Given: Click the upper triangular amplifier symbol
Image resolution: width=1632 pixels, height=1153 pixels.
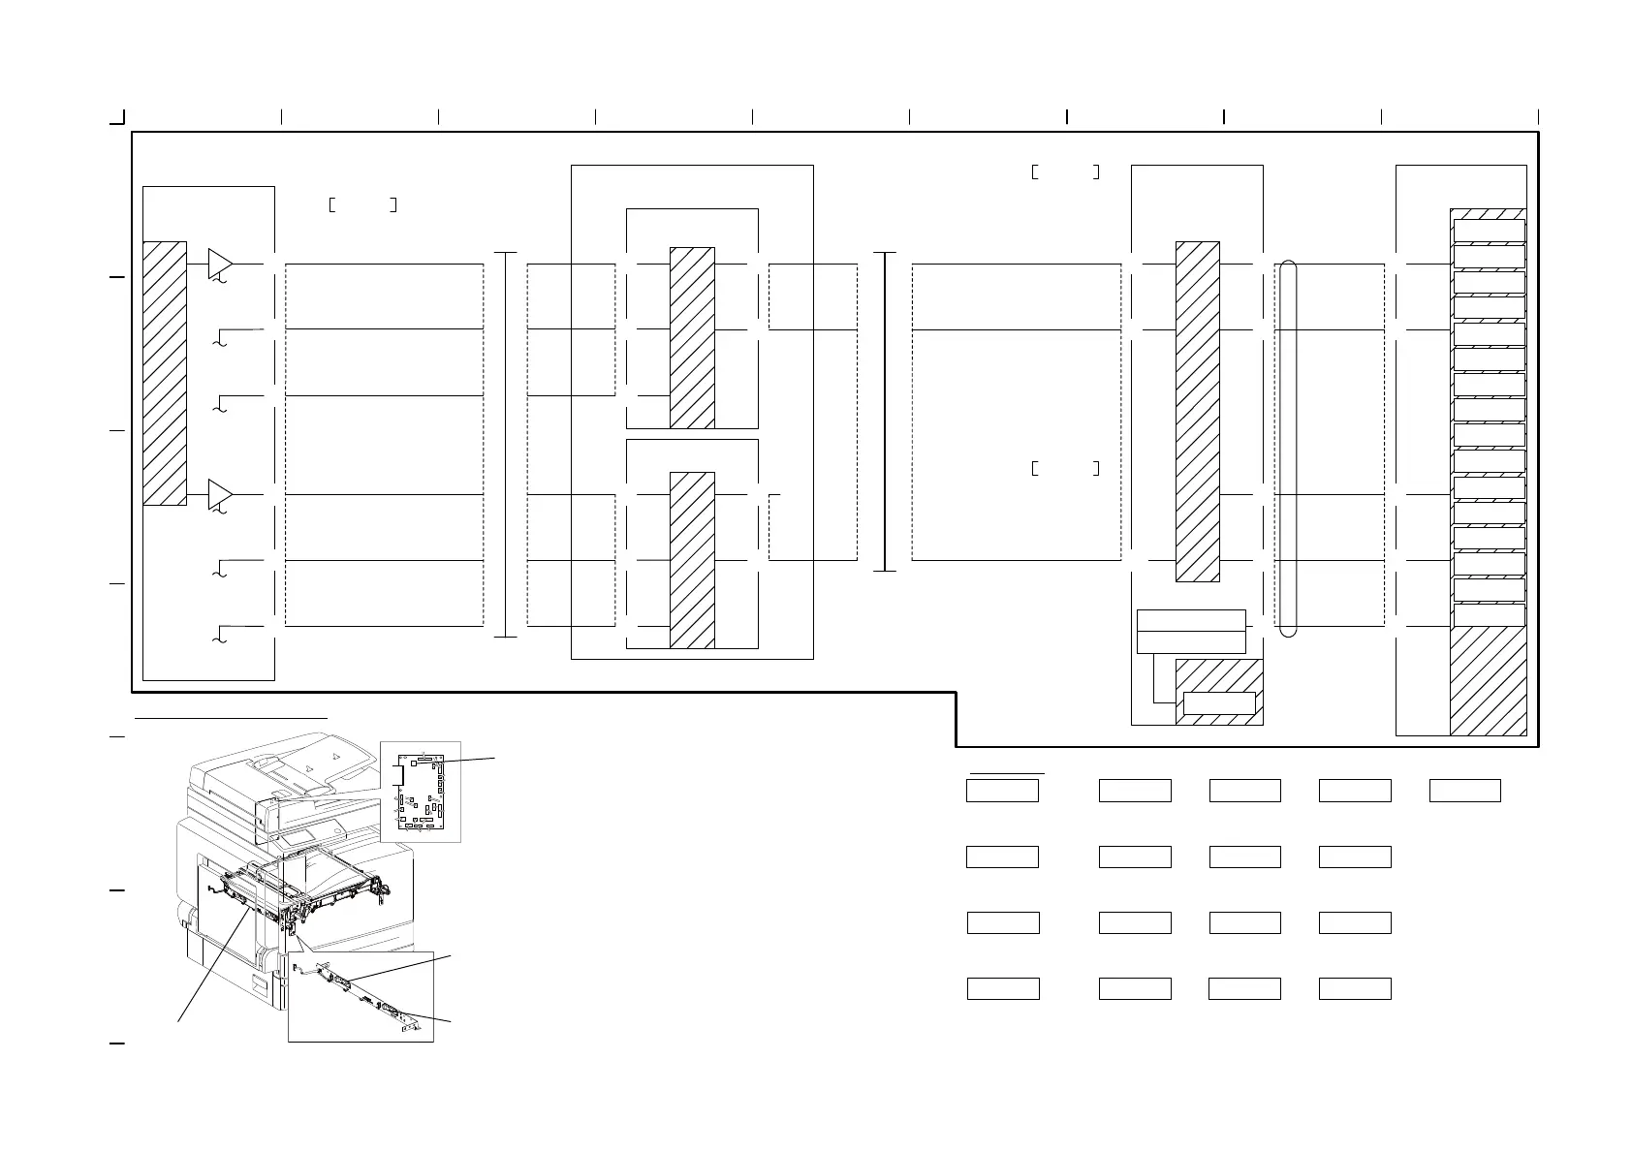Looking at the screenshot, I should (220, 263).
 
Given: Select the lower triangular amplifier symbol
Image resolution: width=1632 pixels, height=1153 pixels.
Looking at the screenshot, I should (220, 494).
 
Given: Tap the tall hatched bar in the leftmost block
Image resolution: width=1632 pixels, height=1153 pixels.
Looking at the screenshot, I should (165, 373).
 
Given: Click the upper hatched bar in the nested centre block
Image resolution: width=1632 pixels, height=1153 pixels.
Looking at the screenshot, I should (692, 337).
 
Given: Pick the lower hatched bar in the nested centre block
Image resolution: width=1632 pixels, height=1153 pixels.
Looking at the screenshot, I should (692, 560).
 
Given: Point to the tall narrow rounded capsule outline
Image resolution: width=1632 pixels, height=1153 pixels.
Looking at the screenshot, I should (1288, 449).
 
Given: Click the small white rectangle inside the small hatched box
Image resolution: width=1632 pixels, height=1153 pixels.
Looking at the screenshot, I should (1220, 703).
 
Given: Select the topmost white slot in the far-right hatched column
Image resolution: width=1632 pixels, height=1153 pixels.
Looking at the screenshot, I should (1489, 230).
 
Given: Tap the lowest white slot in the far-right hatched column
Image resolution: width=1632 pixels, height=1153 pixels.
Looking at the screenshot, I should (1489, 615).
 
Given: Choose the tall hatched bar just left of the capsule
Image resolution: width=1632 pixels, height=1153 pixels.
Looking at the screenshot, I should (1198, 412).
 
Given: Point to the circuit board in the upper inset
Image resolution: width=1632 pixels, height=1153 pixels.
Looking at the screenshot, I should (421, 792).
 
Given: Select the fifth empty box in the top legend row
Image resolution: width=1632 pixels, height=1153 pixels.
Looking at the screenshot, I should (1465, 791).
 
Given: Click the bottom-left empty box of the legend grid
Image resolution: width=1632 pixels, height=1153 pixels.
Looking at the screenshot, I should (1004, 988).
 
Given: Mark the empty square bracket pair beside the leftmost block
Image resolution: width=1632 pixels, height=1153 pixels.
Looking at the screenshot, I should (362, 204).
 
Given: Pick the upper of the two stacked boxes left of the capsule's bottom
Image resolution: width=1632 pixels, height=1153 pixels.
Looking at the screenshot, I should (1190, 620).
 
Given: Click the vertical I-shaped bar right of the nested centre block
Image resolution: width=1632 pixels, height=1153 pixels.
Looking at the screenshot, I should (886, 412).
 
